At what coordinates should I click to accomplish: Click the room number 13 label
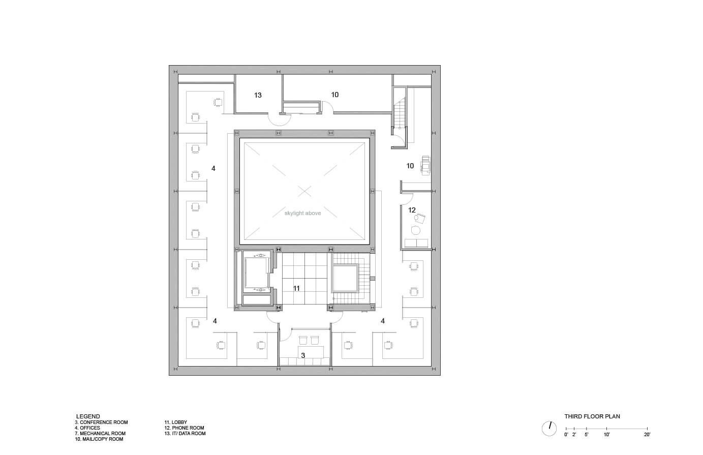tap(258, 95)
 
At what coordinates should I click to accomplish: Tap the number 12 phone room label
tap(412, 210)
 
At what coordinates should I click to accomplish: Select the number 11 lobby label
tap(296, 288)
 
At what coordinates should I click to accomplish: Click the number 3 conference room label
tap(303, 355)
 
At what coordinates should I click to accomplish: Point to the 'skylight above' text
tap(302, 213)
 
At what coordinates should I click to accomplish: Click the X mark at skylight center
tap(304, 191)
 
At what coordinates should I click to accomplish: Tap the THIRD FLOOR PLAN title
tap(592, 416)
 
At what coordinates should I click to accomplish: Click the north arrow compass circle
tap(549, 428)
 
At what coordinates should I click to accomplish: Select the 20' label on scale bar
tap(647, 435)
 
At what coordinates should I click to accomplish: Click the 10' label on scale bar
tap(607, 435)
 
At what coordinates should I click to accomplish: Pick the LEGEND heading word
tap(88, 416)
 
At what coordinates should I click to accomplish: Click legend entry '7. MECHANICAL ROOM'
tap(101, 434)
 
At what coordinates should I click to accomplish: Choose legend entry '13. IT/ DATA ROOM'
tap(185, 434)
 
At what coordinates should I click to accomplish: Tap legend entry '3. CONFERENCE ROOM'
tap(101, 422)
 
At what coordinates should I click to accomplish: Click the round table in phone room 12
tap(416, 231)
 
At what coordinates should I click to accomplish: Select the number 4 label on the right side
tap(383, 321)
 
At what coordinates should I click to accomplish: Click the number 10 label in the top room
tap(334, 95)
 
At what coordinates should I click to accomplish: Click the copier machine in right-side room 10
tap(425, 164)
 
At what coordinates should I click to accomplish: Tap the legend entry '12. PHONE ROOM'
tap(184, 428)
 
